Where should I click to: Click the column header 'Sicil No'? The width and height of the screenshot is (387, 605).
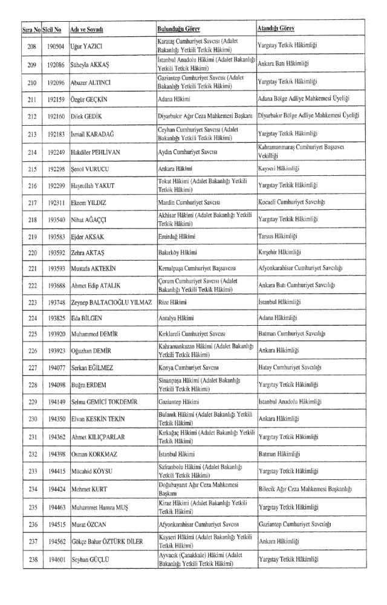(51, 29)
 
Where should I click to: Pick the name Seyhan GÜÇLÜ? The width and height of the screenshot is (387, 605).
(89, 560)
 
